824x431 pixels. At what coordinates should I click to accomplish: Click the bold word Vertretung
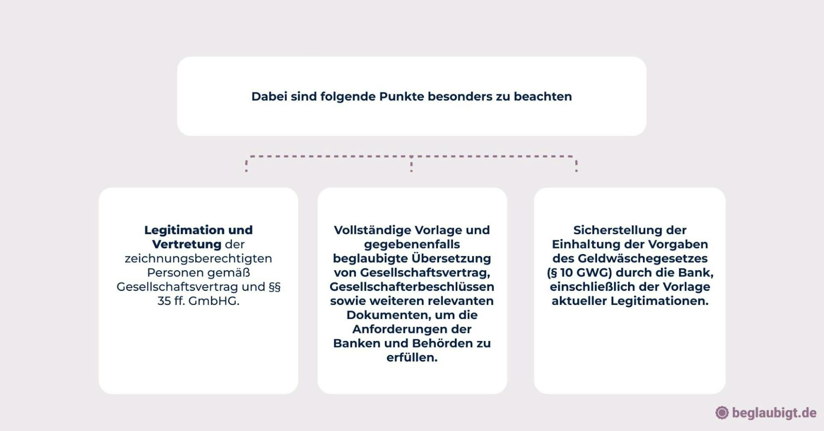tap(187, 244)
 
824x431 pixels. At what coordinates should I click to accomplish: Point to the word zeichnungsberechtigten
tap(198, 259)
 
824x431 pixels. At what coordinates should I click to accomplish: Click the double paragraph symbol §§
tap(275, 287)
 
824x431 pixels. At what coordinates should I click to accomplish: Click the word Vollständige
tap(372, 230)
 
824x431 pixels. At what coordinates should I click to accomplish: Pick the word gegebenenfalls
tap(412, 244)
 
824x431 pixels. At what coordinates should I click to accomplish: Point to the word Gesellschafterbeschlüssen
tap(412, 287)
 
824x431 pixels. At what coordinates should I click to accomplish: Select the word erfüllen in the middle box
tap(412, 358)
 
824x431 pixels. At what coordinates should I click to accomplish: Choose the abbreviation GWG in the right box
tap(596, 273)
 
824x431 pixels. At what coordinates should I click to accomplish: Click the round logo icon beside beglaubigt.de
tap(722, 413)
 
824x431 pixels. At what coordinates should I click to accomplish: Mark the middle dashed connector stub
tap(411, 164)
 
